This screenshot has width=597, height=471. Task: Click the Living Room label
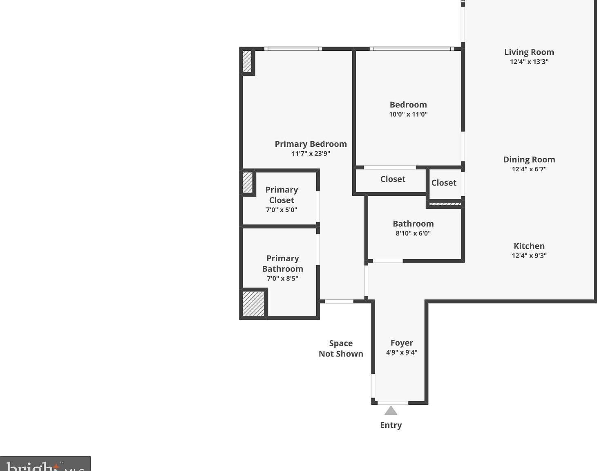(529, 52)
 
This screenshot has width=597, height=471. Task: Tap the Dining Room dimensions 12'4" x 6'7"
(529, 169)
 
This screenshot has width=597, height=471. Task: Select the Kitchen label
(529, 246)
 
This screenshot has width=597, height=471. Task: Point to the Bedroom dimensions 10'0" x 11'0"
(408, 114)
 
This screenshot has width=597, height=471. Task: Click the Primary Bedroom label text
(311, 144)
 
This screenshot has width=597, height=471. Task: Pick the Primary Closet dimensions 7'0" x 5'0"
(281, 210)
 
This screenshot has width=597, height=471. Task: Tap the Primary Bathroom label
(282, 264)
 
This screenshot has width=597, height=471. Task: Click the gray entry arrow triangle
(391, 410)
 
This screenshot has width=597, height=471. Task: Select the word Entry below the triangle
(391, 425)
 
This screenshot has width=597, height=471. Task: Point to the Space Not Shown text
(341, 349)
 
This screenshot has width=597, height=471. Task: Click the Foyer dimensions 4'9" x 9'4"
(401, 352)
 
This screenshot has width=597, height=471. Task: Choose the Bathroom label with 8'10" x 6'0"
(413, 224)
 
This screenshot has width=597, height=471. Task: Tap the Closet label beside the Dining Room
(444, 183)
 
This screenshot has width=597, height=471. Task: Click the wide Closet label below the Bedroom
(393, 179)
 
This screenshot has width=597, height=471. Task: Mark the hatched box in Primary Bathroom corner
(253, 303)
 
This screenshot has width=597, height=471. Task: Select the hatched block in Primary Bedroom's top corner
(247, 61)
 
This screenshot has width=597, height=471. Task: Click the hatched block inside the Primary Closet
(248, 182)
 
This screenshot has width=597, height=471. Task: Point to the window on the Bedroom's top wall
(411, 49)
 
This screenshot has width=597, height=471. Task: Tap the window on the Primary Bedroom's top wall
(293, 49)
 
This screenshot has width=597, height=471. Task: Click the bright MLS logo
(45, 464)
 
